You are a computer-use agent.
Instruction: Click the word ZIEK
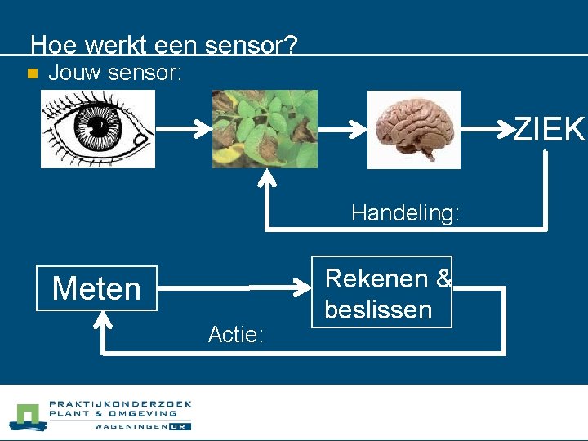(550, 129)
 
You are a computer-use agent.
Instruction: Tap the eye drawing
(98, 129)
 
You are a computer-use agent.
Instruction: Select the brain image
(413, 129)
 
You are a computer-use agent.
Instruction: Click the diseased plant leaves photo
(265, 129)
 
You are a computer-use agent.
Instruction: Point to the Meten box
(96, 288)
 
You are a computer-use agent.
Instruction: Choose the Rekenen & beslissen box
(381, 292)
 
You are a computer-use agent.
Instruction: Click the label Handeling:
(405, 213)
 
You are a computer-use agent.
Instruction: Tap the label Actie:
(235, 334)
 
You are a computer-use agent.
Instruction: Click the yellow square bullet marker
(31, 73)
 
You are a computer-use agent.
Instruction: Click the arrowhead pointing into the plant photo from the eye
(202, 129)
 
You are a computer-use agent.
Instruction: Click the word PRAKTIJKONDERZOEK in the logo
(120, 403)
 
